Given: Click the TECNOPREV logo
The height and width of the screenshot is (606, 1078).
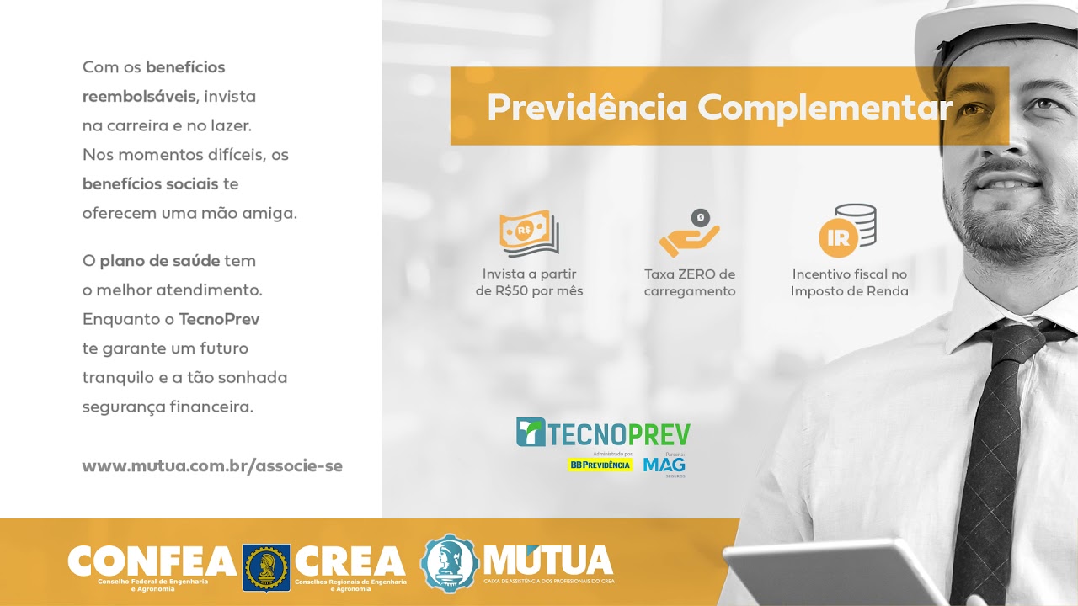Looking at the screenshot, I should [603, 433].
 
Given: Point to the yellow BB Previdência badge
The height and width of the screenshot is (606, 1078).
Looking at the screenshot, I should [600, 465].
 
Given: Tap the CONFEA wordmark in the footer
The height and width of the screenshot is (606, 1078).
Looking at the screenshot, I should [152, 561].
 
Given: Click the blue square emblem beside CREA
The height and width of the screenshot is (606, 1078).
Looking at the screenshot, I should [266, 567].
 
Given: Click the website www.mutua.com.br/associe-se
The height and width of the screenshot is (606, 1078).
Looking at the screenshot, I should [212, 466].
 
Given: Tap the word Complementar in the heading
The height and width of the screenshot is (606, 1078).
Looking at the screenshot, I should [825, 108].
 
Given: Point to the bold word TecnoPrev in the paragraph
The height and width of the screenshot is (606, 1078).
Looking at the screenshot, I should [219, 320].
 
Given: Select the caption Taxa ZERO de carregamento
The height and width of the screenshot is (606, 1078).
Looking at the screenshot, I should [690, 283].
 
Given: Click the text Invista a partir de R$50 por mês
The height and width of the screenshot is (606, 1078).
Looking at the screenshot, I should [529, 283].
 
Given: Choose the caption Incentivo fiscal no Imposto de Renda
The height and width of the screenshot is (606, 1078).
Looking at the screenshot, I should [849, 283].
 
